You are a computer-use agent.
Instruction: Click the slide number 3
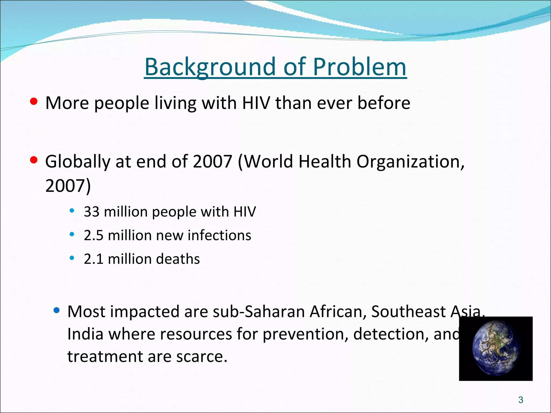pyautogui.click(x=521, y=400)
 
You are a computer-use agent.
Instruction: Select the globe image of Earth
pyautogui.click(x=496, y=348)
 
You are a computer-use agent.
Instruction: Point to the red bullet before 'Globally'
pyautogui.click(x=34, y=160)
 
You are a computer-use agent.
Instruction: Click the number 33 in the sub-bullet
pyautogui.click(x=91, y=212)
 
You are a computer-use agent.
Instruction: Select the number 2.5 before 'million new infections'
pyautogui.click(x=93, y=235)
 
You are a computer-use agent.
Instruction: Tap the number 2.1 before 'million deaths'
pyautogui.click(x=93, y=259)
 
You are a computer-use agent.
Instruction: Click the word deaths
pyautogui.click(x=178, y=259)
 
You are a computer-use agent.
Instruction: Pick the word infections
pyautogui.click(x=219, y=235)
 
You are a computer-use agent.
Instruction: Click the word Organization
pyautogui.click(x=410, y=162)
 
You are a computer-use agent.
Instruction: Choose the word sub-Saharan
pyautogui.click(x=259, y=311)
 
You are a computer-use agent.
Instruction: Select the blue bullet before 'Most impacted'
pyautogui.click(x=56, y=311)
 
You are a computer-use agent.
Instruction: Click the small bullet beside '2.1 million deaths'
pyautogui.click(x=72, y=258)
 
